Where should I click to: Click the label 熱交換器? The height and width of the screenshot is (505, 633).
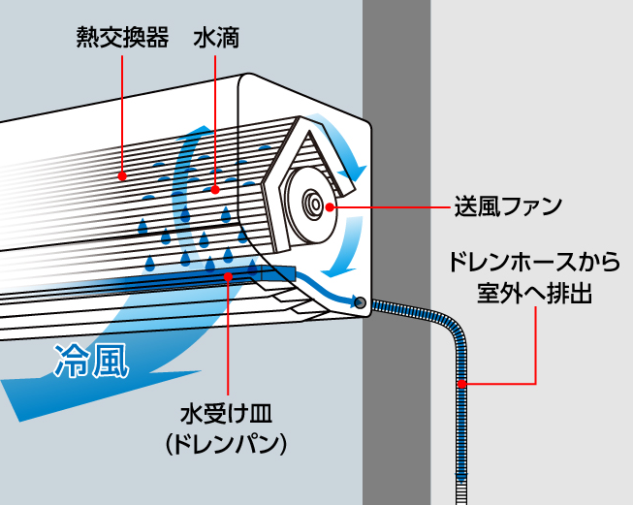point(122,39)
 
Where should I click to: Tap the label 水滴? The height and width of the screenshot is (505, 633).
point(216,39)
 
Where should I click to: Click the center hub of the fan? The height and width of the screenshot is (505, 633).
point(315,205)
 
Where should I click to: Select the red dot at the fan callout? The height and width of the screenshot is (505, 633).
point(332,205)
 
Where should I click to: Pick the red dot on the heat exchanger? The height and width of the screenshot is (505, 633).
point(123,175)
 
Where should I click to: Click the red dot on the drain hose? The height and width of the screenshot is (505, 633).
point(462,384)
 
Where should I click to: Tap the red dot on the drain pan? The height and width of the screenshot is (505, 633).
point(227,276)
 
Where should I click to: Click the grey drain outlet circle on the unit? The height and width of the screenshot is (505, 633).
point(361,303)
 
